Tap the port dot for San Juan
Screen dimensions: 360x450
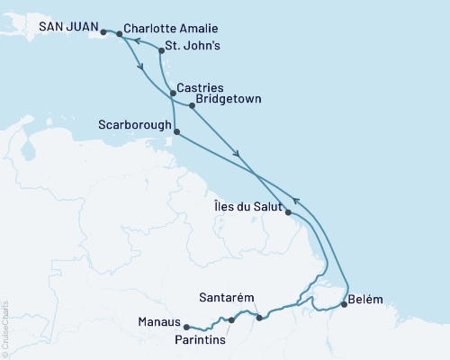pyautogui.click(x=103, y=32)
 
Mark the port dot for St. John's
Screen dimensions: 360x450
pyautogui.click(x=161, y=40)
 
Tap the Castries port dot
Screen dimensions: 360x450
pyautogui.click(x=172, y=94)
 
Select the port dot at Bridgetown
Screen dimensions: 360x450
pyautogui.click(x=193, y=106)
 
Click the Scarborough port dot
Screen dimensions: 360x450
pyautogui.click(x=175, y=131)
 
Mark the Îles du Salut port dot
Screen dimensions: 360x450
pyautogui.click(x=287, y=212)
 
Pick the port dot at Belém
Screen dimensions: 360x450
pyautogui.click(x=343, y=305)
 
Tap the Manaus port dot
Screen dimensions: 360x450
pyautogui.click(x=185, y=327)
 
